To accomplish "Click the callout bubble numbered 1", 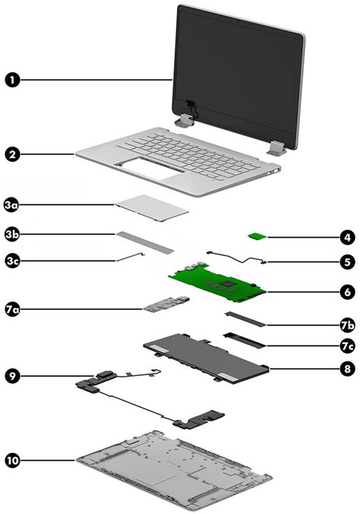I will (12, 78).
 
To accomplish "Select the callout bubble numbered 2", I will (12, 154).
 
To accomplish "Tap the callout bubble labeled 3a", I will (12, 205).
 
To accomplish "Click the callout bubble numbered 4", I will (346, 238).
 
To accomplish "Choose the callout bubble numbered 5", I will (346, 262).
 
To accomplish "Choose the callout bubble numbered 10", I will (12, 461).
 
